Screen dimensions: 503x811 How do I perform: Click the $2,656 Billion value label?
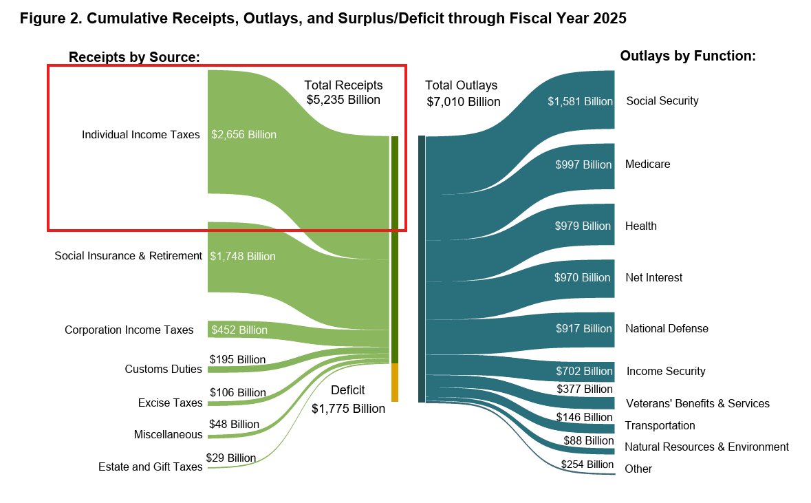[244, 135]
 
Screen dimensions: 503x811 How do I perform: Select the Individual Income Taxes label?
[141, 135]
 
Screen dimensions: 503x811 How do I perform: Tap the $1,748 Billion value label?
[243, 257]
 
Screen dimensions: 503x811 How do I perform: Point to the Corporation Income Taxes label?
[129, 330]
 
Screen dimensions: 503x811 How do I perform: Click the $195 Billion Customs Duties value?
[237, 360]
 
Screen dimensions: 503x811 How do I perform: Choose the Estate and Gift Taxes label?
[150, 467]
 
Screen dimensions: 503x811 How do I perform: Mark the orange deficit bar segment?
[395, 383]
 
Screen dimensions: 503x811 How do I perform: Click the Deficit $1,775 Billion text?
[348, 400]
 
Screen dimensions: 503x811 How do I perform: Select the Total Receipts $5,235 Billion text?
[343, 92]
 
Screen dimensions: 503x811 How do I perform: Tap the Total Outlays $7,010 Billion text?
[462, 94]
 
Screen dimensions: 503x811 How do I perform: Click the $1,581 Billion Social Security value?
[580, 102]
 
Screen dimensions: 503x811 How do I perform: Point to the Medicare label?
[647, 164]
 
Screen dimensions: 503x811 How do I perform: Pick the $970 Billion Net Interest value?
[582, 278]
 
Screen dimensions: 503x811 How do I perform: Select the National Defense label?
[667, 329]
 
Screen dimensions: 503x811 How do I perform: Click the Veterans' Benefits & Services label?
[698, 404]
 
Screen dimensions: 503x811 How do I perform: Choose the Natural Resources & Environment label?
[706, 447]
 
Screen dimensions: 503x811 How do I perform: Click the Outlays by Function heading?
[688, 56]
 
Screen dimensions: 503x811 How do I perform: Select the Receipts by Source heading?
[134, 57]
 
